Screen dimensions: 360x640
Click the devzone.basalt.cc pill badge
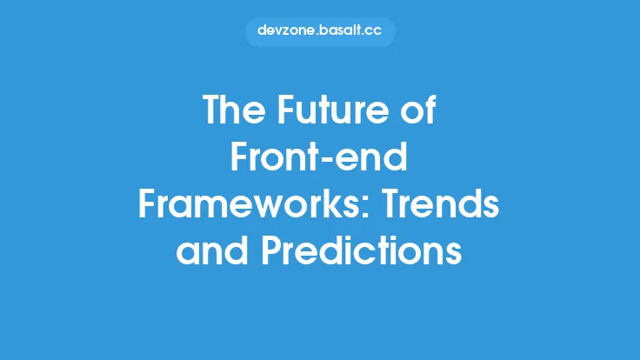[x=320, y=30]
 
